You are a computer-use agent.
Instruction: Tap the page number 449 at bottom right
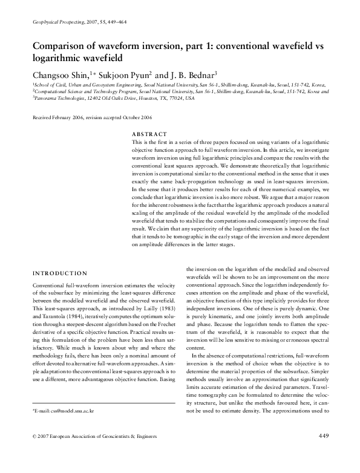tap(323, 452)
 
